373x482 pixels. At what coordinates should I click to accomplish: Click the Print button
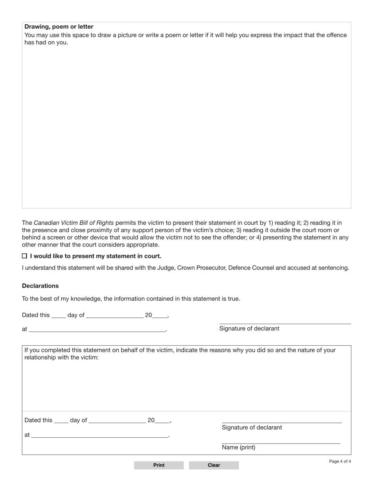[159, 465]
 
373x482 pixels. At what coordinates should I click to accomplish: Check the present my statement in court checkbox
[24, 256]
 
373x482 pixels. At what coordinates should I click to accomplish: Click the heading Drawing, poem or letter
[59, 27]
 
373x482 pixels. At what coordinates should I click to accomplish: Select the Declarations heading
[40, 286]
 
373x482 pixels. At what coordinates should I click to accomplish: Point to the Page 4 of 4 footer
[340, 461]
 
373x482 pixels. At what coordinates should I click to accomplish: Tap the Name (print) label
[238, 447]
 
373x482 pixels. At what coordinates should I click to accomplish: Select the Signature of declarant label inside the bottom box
[252, 427]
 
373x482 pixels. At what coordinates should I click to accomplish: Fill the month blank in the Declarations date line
[115, 316]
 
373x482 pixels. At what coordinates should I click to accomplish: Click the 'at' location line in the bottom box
[99, 435]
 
